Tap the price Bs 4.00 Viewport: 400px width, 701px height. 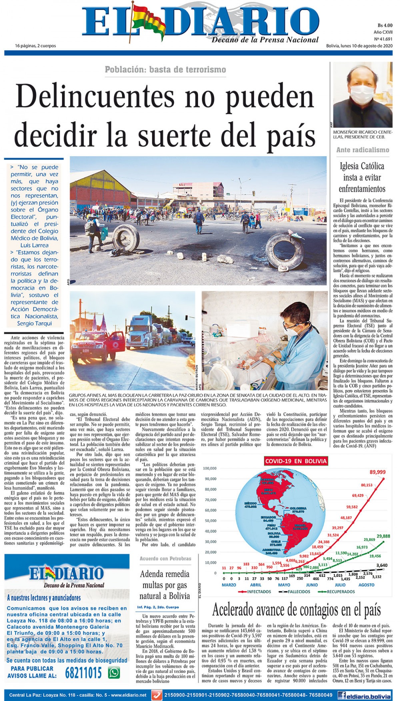point(385,25)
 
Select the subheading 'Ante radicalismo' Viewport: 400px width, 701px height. point(363,150)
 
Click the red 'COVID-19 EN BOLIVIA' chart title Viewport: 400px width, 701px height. point(296,461)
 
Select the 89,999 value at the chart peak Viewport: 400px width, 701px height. point(377,472)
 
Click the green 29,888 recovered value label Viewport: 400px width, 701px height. point(383,536)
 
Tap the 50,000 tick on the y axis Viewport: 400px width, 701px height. point(210,521)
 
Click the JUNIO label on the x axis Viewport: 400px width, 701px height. point(312,585)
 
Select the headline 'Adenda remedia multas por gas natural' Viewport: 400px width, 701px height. point(165,585)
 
